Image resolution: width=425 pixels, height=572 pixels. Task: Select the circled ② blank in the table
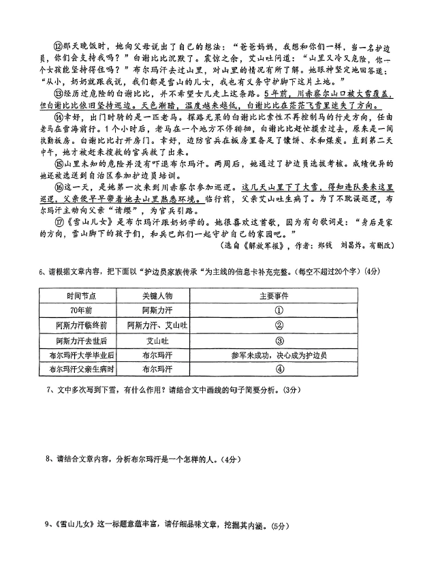coord(279,325)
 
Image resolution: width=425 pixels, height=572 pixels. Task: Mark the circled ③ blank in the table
coord(279,340)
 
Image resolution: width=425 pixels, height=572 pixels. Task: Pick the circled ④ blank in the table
coord(279,370)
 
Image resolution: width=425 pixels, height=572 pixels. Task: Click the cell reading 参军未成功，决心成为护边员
coord(279,355)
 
